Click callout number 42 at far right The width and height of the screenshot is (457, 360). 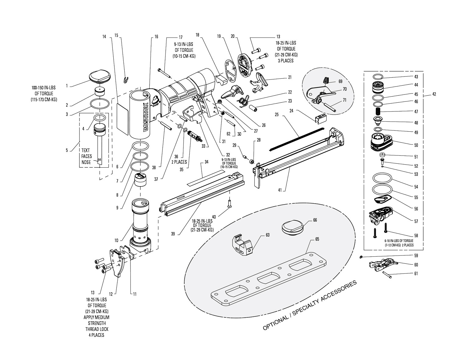coord(434,94)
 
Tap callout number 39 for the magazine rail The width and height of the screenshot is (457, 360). coord(173,234)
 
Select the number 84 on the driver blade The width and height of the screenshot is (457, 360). coord(99,160)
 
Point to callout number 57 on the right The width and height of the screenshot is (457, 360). coord(416,221)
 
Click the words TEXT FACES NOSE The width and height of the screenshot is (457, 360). coord(86,156)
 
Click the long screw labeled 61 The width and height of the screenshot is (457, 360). coord(390,274)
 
